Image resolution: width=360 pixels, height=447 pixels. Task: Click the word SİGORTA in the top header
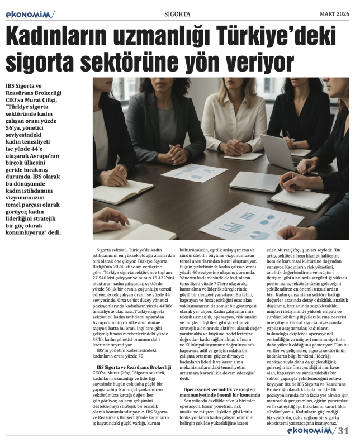click(x=178, y=13)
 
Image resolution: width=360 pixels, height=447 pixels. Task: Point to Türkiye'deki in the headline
click(x=291, y=37)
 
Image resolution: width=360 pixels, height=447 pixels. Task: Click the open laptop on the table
click(x=278, y=151)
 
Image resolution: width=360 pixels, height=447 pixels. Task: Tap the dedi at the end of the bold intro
click(x=68, y=232)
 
